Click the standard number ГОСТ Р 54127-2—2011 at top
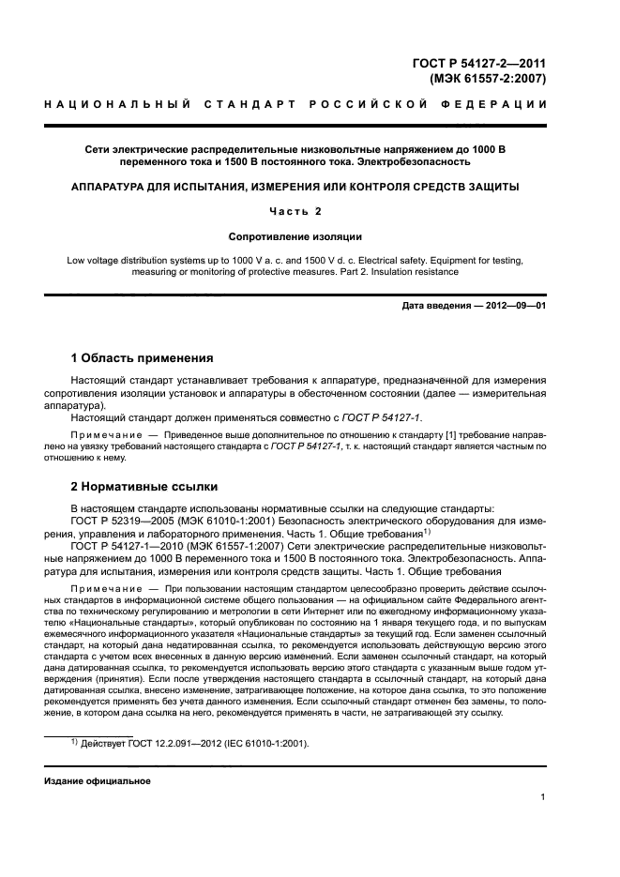[x=479, y=64]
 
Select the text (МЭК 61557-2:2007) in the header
[x=487, y=79]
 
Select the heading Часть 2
[x=295, y=211]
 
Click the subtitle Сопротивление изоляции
[x=295, y=236]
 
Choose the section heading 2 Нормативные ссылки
[x=144, y=487]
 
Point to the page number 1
[x=543, y=798]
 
